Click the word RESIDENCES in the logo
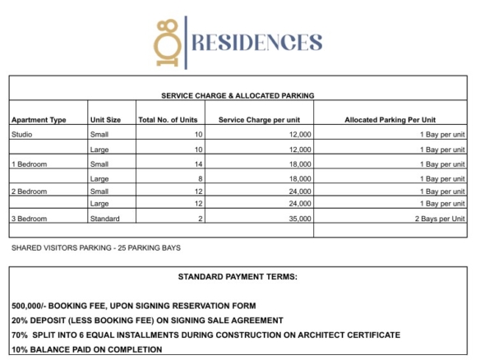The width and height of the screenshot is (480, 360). (x=256, y=42)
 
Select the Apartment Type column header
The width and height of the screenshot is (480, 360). (x=39, y=120)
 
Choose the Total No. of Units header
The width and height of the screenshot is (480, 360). (x=168, y=120)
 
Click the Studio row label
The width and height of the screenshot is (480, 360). (x=22, y=134)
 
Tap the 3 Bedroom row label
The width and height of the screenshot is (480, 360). (x=30, y=219)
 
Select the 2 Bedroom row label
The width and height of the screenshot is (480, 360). (x=30, y=191)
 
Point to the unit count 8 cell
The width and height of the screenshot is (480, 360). (x=199, y=178)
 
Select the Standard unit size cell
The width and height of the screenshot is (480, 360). (x=105, y=219)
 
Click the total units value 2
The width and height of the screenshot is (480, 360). (x=199, y=219)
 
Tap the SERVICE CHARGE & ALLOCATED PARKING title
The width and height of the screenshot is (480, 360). (x=238, y=96)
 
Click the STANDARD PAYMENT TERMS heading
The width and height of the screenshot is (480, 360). (x=238, y=276)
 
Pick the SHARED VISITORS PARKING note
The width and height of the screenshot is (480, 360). (x=95, y=247)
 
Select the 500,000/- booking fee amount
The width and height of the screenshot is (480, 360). (x=34, y=306)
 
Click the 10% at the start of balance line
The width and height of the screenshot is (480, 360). (x=20, y=349)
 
